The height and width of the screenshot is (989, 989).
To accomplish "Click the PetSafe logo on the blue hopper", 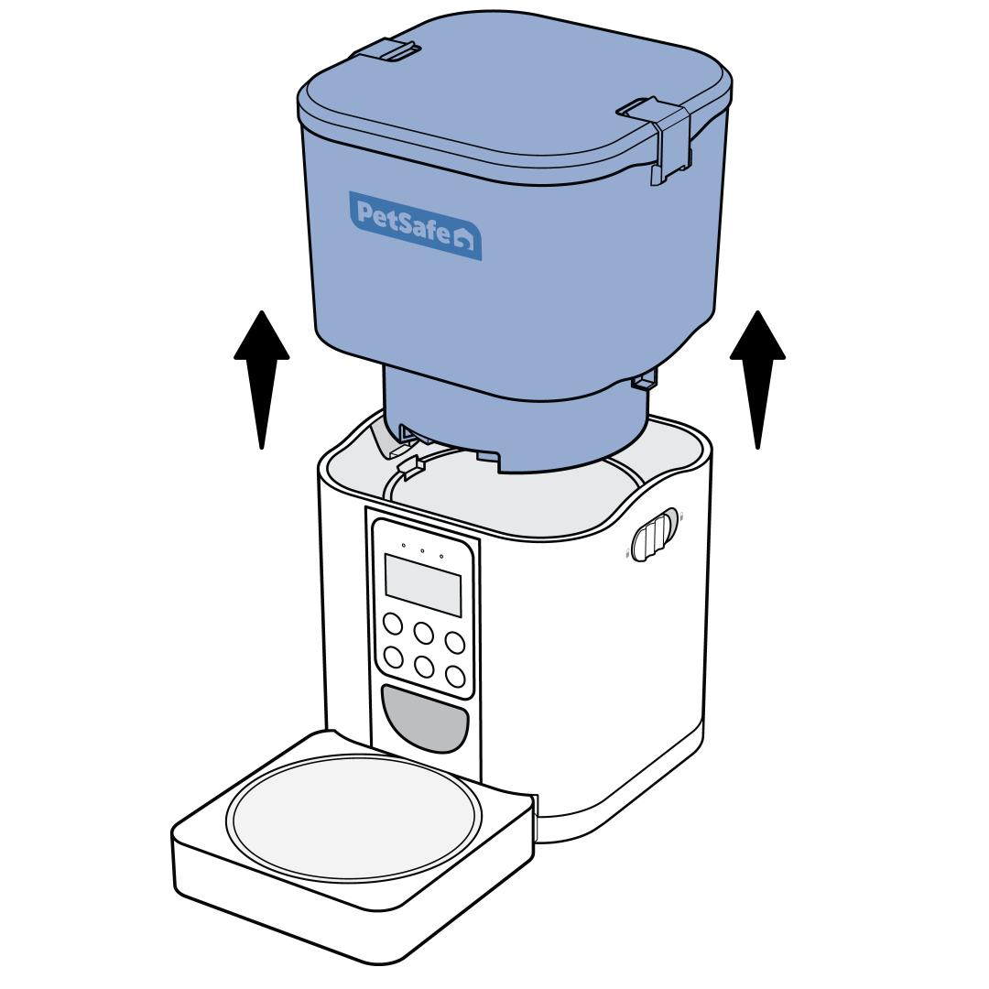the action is [x=416, y=226].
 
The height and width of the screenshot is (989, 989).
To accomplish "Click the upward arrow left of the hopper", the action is [x=262, y=379].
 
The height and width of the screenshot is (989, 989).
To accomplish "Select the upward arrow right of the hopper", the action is [x=757, y=379].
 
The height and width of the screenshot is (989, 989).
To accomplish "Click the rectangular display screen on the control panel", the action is [x=423, y=584].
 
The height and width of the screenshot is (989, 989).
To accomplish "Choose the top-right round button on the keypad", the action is [x=455, y=643].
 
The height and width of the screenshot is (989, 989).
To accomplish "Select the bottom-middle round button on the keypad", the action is [x=424, y=667].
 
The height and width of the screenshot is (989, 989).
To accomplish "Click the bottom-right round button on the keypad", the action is [x=455, y=676].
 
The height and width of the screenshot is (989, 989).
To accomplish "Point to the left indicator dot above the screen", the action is [x=404, y=545].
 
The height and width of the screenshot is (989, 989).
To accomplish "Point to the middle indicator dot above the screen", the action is [x=422, y=550].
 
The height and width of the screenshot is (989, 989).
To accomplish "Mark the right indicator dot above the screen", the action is [x=440, y=557].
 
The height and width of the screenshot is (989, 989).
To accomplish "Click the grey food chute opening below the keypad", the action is [x=425, y=718].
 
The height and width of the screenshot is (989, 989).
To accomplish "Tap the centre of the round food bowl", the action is [x=353, y=818].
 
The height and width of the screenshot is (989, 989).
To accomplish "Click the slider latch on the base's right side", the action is [x=654, y=535].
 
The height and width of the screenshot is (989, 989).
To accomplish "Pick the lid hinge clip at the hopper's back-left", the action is [x=386, y=49].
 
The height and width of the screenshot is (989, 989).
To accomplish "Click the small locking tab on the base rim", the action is [x=410, y=465].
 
